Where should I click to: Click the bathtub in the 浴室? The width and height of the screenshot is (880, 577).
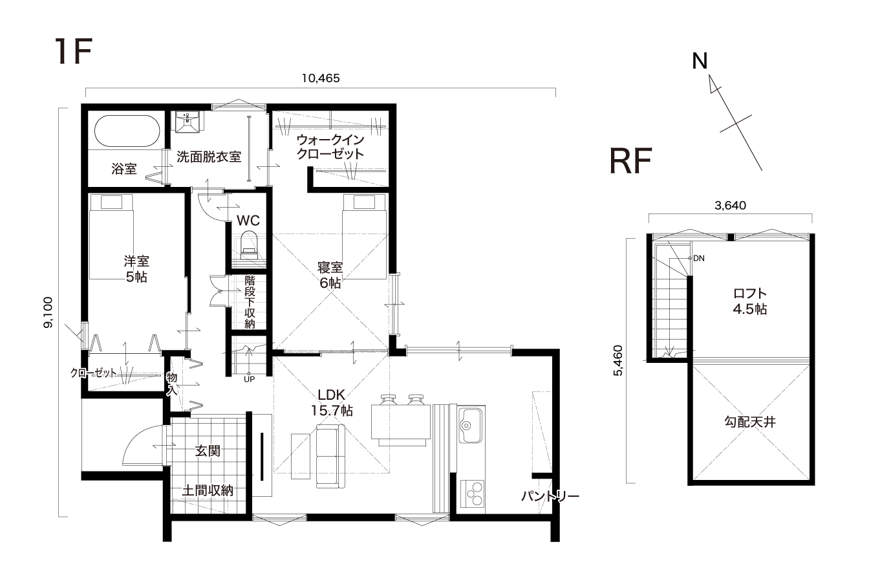click(x=127, y=131)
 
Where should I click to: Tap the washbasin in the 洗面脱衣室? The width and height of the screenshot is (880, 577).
click(x=188, y=122)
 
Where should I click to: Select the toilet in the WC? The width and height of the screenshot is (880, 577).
click(x=249, y=245)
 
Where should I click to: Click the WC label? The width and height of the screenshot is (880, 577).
click(x=248, y=221)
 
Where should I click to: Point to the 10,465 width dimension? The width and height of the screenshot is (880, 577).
click(x=321, y=78)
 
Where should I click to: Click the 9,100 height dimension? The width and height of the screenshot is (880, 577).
click(x=48, y=312)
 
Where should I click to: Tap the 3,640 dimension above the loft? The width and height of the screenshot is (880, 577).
click(x=730, y=205)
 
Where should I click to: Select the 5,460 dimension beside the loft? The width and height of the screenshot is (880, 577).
click(x=618, y=360)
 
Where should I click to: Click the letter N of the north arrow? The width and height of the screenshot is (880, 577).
click(x=700, y=61)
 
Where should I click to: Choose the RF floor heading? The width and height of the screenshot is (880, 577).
click(x=631, y=160)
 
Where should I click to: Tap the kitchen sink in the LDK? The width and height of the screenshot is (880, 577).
click(x=470, y=425)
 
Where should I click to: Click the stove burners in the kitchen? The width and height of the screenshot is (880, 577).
click(x=472, y=494)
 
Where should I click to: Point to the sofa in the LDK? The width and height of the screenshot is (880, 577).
click(x=330, y=456)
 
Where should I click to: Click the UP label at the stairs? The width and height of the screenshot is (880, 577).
click(x=249, y=379)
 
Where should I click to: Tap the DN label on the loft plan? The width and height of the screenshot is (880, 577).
click(x=699, y=258)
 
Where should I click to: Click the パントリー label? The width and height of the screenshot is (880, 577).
click(x=550, y=496)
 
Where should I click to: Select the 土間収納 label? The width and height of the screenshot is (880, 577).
click(x=208, y=490)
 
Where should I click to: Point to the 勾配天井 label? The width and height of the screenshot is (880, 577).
click(x=750, y=422)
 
